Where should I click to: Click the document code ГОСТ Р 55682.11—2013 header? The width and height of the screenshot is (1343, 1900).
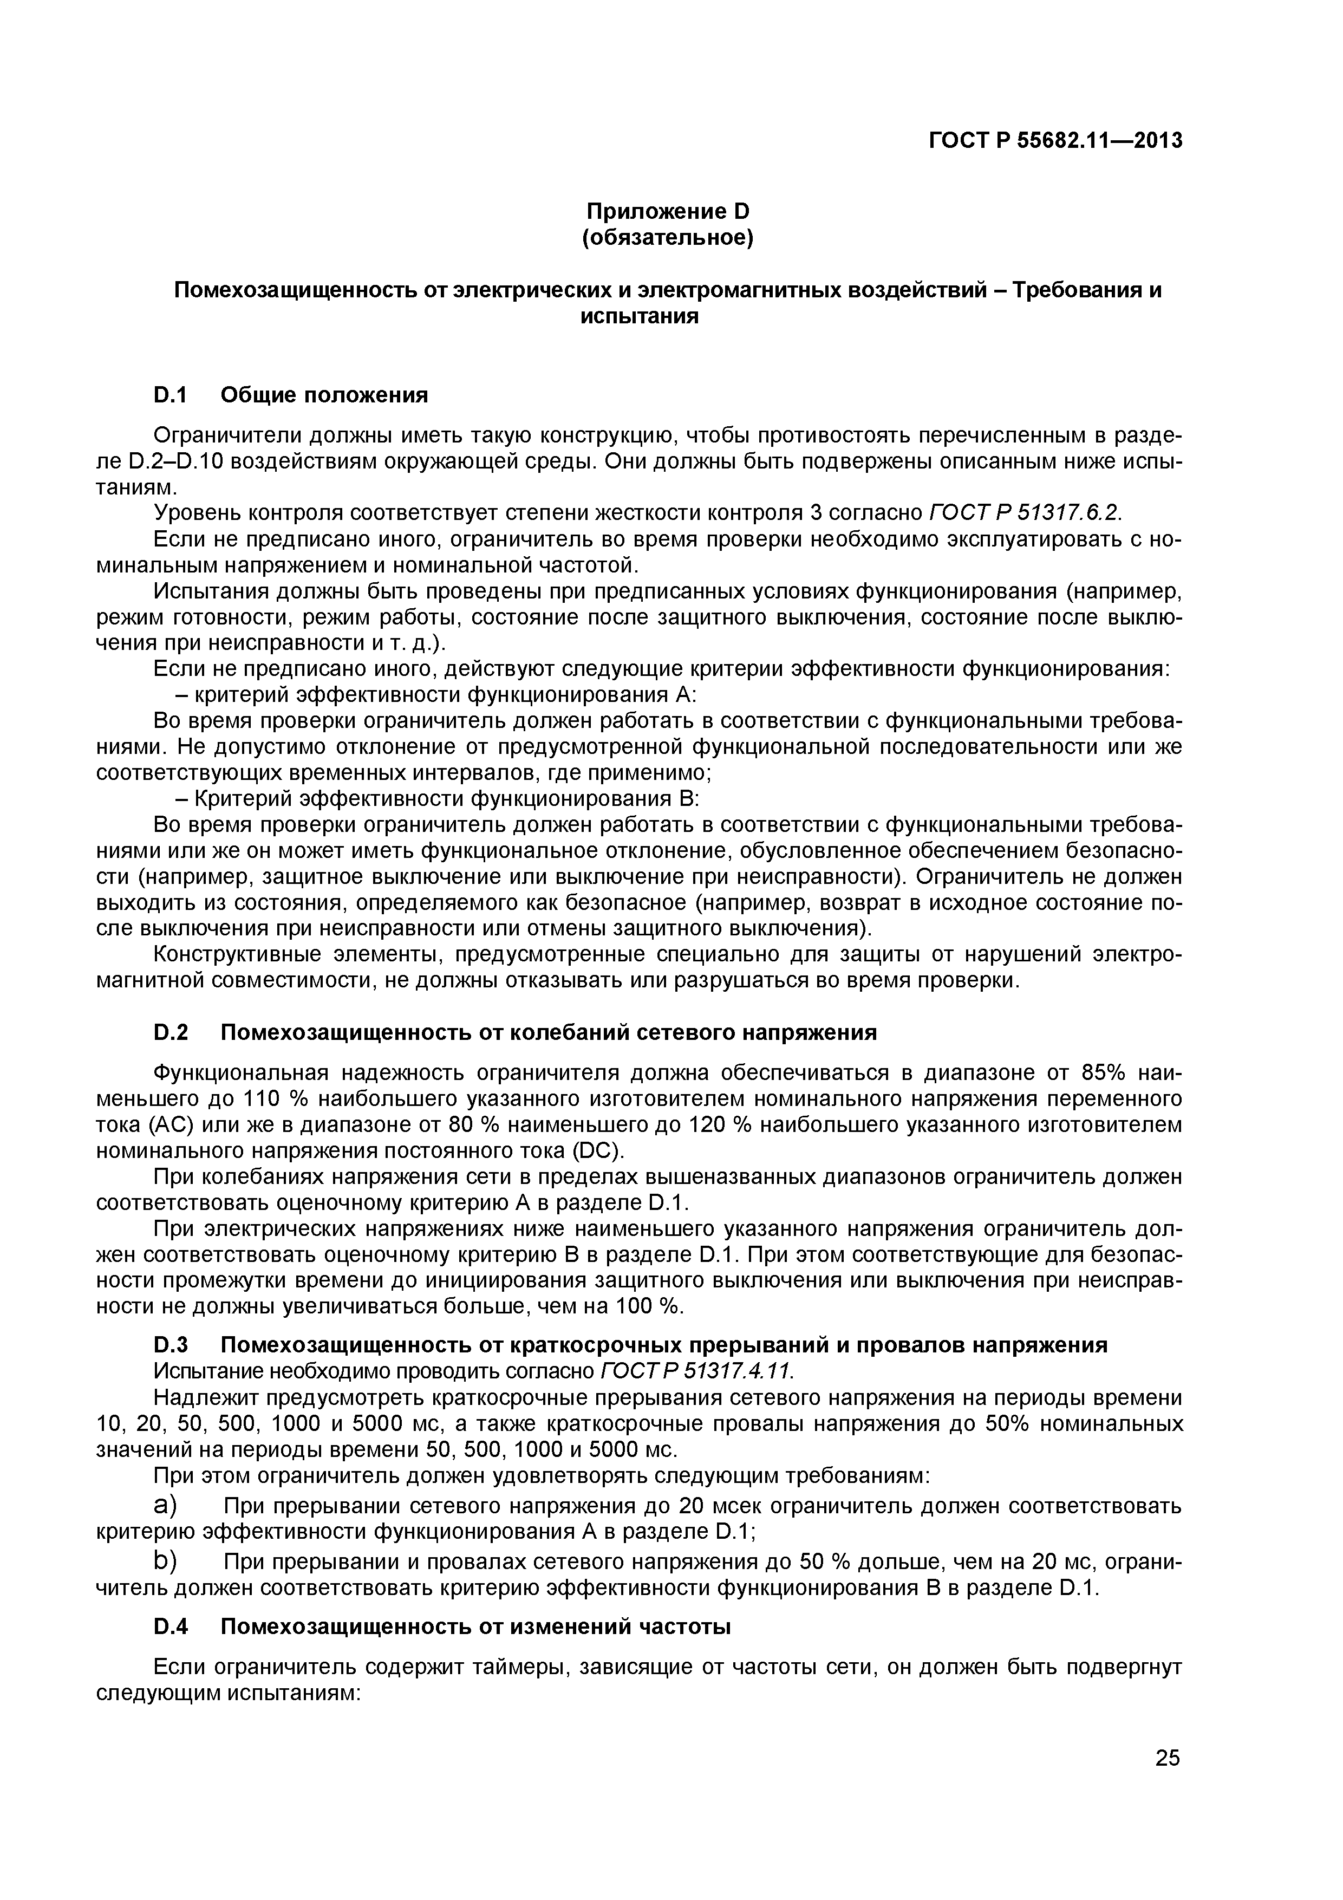(1055, 141)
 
